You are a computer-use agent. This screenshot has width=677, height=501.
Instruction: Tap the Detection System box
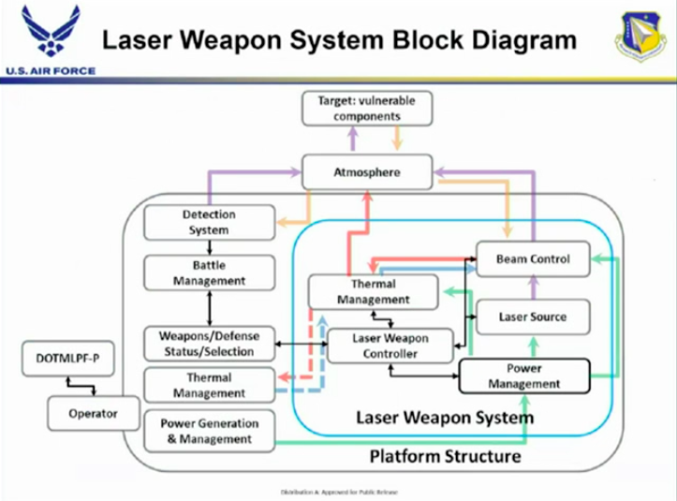(209, 221)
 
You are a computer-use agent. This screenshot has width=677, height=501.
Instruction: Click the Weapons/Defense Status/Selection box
(209, 343)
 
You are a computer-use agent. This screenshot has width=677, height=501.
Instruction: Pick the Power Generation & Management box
(209, 430)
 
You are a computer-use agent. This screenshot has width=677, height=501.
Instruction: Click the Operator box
(93, 411)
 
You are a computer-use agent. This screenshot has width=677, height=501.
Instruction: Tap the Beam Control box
(532, 258)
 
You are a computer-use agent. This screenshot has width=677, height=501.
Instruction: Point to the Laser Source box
(532, 317)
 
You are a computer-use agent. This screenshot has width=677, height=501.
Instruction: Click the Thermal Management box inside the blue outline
(373, 292)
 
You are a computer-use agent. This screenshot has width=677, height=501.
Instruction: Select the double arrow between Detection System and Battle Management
(209, 246)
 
